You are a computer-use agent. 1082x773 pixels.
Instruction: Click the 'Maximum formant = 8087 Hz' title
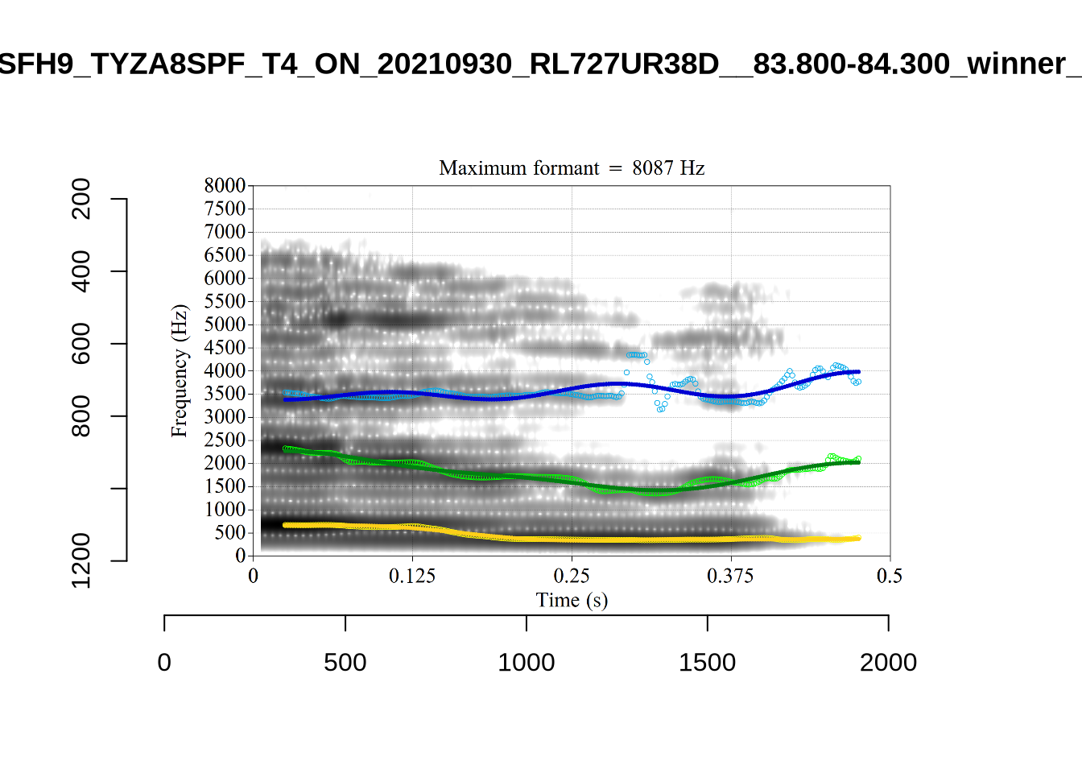[572, 168]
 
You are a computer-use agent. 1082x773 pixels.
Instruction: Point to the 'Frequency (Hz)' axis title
[179, 370]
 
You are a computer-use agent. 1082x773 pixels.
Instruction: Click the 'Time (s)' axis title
[572, 600]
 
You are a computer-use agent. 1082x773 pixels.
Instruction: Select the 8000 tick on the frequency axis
[225, 186]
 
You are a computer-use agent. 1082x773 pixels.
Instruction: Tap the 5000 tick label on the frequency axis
[225, 324]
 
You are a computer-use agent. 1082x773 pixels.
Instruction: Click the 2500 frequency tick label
[225, 440]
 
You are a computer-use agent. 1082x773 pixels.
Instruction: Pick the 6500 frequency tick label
[225, 255]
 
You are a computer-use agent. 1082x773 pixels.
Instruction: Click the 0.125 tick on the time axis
[412, 576]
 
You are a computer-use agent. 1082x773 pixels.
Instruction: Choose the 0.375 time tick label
[730, 576]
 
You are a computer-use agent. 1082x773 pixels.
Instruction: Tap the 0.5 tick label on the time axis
[890, 576]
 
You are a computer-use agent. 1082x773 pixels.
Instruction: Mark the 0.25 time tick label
[572, 576]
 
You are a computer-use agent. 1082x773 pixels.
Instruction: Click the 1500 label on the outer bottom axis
[707, 663]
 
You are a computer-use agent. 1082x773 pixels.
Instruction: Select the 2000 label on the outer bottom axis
[888, 663]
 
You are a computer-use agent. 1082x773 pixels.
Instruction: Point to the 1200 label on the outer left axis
[81, 560]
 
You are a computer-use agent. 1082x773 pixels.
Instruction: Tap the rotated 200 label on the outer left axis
[81, 199]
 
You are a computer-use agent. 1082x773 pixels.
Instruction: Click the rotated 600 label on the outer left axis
[81, 344]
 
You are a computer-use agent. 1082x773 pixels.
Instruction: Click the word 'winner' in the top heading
[1016, 64]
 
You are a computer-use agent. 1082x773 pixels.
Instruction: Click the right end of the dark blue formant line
[858, 372]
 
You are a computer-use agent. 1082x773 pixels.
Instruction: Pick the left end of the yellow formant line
[285, 525]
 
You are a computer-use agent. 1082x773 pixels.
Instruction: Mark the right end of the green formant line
[858, 462]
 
